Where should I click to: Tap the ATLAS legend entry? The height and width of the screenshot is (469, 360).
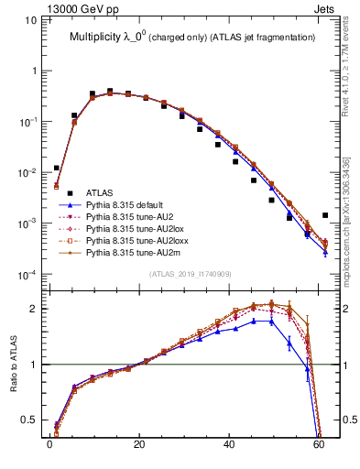(99, 192)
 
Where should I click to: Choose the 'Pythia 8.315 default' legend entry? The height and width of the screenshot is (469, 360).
(129, 206)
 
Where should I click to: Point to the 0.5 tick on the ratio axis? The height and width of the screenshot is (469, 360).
(30, 420)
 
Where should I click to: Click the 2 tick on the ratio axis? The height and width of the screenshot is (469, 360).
(35, 309)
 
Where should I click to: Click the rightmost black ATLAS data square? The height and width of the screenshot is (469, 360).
(326, 215)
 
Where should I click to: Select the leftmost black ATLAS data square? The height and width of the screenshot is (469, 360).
(57, 168)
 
